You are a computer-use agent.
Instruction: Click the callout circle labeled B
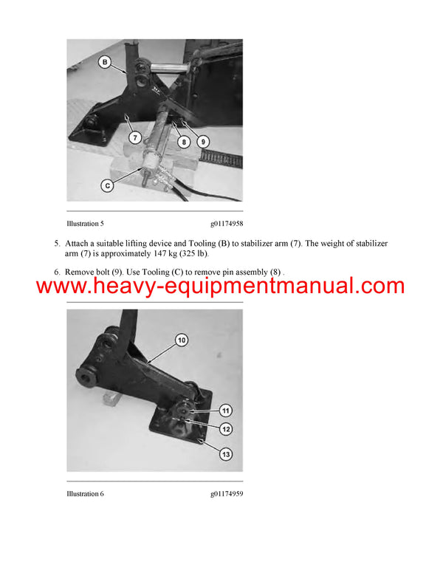[x=105, y=63]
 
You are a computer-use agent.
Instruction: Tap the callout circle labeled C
[x=107, y=186]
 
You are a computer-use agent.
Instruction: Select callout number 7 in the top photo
[x=134, y=137]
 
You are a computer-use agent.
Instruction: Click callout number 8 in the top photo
[x=183, y=140]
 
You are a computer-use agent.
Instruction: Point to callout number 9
[x=202, y=140]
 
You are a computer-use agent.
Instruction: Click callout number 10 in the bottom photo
[x=181, y=340]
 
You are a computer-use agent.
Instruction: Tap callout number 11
[x=226, y=411]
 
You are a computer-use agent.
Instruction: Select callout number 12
[x=226, y=429]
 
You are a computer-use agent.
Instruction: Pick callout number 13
[x=226, y=454]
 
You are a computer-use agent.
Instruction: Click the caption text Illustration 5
[x=86, y=222]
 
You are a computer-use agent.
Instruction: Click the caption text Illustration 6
[x=86, y=493]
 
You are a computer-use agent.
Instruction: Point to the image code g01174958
[x=226, y=222]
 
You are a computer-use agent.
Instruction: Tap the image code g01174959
[x=226, y=493]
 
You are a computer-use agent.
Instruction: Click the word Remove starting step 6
[x=80, y=273]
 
